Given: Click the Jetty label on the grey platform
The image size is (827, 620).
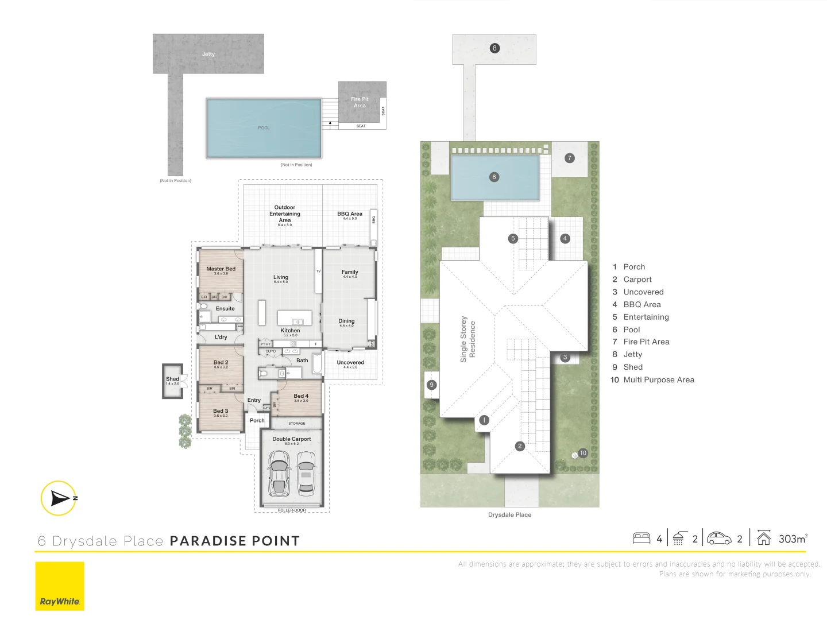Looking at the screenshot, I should coord(208,54).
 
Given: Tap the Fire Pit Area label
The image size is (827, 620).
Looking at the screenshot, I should coord(360,102).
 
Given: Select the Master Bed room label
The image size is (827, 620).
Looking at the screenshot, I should coord(221,269).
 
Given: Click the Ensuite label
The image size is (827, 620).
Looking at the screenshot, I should coord(225,309).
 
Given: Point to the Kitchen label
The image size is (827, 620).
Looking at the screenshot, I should coord(290,331).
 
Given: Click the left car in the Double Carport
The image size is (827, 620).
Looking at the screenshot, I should coord(279,473).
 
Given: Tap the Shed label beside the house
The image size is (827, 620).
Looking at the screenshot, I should coord(172,379).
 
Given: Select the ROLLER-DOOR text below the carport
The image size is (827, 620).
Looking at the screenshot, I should coord(292,510).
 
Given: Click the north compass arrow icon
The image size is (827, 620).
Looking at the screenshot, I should coord(59,498).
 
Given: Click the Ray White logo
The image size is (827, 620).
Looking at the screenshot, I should coord(60,586).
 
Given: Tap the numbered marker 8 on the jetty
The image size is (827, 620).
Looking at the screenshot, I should coord(494,48).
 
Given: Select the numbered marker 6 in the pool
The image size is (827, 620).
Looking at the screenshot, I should coord(494,177).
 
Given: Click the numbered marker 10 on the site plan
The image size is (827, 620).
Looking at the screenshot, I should coord(583,453).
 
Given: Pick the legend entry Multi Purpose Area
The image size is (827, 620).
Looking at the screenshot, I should coord(659,380).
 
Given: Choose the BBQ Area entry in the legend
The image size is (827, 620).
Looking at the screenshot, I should coord(642,305).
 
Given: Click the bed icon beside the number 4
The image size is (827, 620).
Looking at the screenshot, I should coord(641,538).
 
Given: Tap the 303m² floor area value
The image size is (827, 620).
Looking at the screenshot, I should coord(793,538).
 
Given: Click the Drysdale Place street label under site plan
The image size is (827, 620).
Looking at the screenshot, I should coord(509,515).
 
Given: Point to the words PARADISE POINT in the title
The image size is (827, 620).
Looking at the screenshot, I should coord(235,541).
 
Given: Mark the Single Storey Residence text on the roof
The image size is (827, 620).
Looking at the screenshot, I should coord(467,339).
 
